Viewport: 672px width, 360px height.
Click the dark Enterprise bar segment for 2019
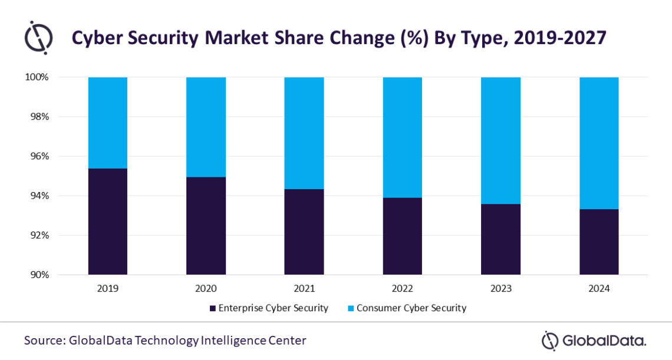point(107,222)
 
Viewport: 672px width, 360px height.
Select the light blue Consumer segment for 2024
point(599,143)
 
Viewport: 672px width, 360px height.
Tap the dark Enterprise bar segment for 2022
point(402,236)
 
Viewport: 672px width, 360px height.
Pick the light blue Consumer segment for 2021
point(304,133)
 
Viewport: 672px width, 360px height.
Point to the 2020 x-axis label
point(206,289)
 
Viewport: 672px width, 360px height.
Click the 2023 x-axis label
point(500,289)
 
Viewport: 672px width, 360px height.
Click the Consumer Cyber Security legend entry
point(411,308)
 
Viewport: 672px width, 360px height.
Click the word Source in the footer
point(44,341)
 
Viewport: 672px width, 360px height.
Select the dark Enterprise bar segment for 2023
point(500,239)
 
